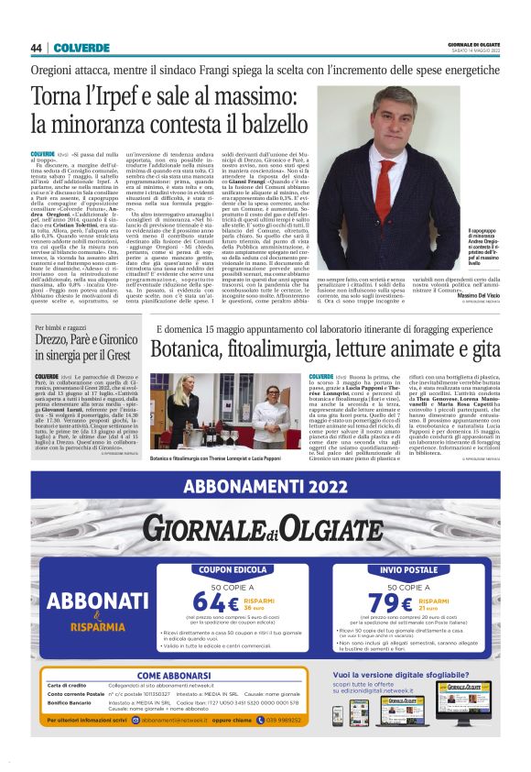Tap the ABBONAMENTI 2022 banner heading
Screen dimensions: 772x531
click(x=265, y=484)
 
